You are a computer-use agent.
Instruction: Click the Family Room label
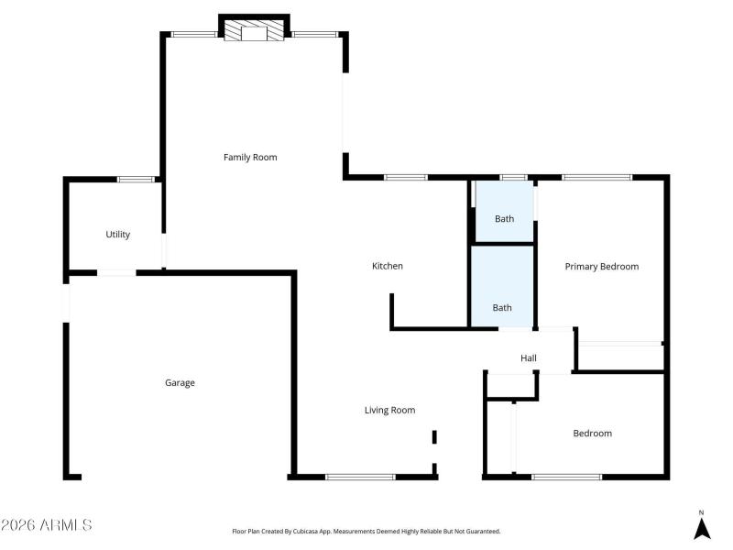pyautogui.click(x=250, y=158)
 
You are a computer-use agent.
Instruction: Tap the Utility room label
pyautogui.click(x=118, y=235)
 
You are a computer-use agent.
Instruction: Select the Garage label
pyautogui.click(x=180, y=383)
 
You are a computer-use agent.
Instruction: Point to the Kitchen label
pyautogui.click(x=387, y=267)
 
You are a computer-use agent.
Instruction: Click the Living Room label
pyautogui.click(x=390, y=411)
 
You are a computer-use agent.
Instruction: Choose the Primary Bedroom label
pyautogui.click(x=601, y=267)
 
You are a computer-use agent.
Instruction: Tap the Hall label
pyautogui.click(x=529, y=358)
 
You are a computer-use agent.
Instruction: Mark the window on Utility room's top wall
pyautogui.click(x=136, y=179)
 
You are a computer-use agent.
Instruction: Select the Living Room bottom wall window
pyautogui.click(x=361, y=477)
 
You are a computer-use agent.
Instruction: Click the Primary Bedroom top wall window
pyautogui.click(x=596, y=177)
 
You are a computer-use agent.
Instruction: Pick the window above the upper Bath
pyautogui.click(x=513, y=177)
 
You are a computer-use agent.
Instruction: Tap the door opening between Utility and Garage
pyautogui.click(x=116, y=272)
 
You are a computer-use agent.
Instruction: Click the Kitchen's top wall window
pyautogui.click(x=406, y=177)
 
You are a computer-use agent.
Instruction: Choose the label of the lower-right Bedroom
pyautogui.click(x=592, y=434)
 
